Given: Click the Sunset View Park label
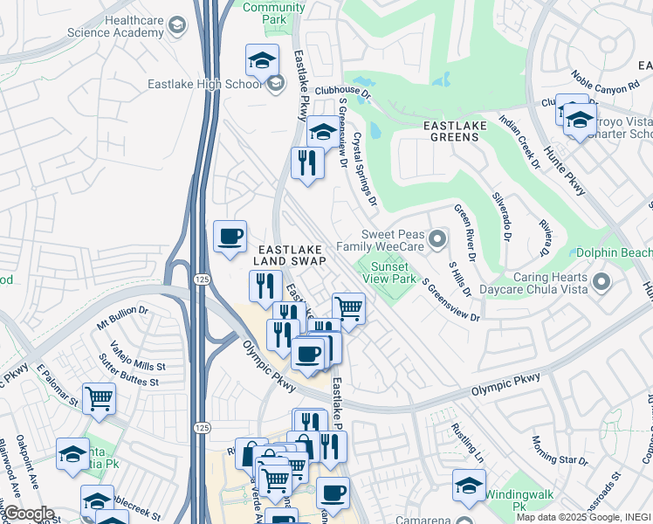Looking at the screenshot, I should pos(389,272).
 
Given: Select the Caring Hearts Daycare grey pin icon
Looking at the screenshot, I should pos(601,281).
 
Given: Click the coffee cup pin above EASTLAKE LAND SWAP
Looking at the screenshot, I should pos(230,237).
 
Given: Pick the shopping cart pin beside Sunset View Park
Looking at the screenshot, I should pos(348,308).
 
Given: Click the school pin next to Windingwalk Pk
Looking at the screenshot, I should pos(470,486).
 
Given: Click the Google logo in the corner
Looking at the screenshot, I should pos(28,514).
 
